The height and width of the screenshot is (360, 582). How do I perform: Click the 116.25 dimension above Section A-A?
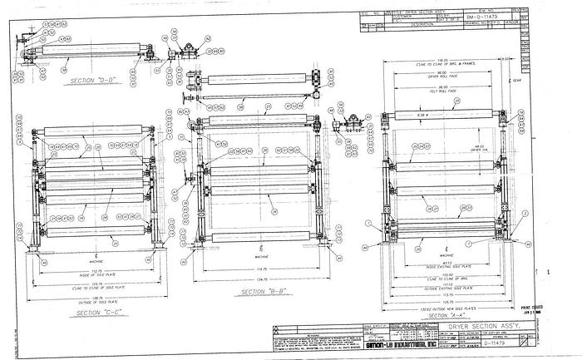pyautogui.click(x=449, y=60)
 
